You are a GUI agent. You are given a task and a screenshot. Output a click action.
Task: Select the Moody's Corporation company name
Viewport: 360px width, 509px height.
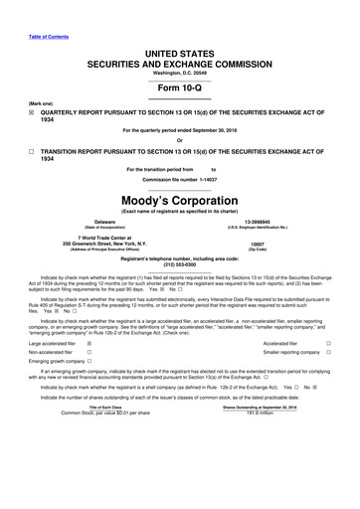click(179, 199)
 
